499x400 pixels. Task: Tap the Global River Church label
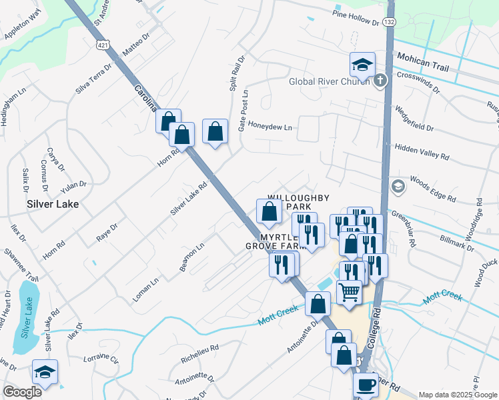329,82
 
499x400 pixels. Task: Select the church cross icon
380,81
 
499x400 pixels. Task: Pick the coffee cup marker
365,385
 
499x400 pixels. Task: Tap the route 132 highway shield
390,23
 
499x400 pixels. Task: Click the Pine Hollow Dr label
356,17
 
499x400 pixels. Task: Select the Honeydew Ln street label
270,127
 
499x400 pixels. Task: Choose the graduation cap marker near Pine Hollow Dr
362,65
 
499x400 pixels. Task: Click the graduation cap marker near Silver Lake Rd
45,373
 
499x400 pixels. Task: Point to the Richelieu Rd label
200,353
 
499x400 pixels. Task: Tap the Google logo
22,392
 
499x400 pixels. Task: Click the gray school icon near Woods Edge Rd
398,185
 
